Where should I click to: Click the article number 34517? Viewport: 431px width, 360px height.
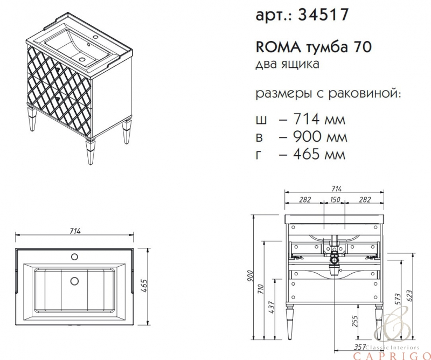click(x=324, y=15)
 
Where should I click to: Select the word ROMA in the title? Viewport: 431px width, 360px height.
click(x=278, y=47)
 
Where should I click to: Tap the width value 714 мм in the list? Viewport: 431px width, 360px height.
click(x=319, y=119)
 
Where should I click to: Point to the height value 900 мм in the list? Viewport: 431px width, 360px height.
click(x=320, y=136)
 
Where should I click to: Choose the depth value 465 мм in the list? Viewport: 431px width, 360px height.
click(x=319, y=154)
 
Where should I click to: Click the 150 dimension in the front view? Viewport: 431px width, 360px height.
click(x=335, y=199)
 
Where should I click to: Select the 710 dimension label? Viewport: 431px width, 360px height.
click(x=261, y=289)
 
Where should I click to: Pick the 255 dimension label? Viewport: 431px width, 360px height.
click(x=355, y=321)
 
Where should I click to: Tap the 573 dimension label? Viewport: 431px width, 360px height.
click(x=398, y=299)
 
